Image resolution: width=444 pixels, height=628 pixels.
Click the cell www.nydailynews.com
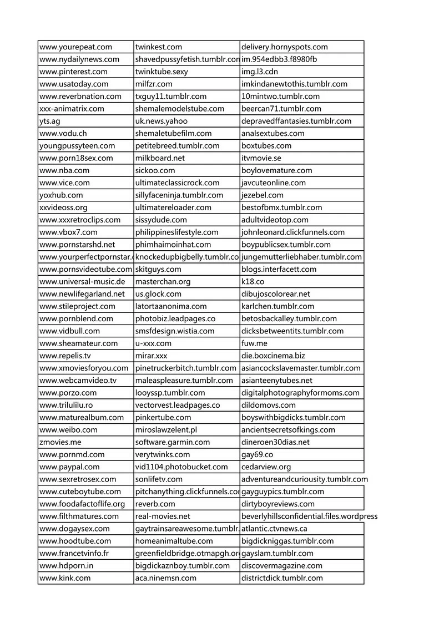click(x=79, y=59)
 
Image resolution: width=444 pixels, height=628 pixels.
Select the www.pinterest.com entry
click(x=73, y=72)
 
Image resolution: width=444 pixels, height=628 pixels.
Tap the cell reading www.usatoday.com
click(x=74, y=84)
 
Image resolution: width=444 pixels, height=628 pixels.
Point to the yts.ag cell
click(x=50, y=121)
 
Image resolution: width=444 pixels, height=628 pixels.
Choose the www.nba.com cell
click(x=64, y=170)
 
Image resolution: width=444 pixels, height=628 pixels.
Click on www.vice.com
click(x=64, y=183)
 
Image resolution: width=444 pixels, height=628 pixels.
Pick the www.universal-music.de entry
click(x=83, y=281)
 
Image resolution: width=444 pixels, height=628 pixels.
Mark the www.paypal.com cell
click(x=69, y=467)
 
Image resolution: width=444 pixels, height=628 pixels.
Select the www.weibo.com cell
click(x=68, y=429)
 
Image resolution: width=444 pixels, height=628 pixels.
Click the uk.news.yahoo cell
click(x=162, y=121)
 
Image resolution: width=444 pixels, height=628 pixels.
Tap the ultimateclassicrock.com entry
click(x=177, y=183)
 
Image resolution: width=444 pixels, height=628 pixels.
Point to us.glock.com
click(x=158, y=293)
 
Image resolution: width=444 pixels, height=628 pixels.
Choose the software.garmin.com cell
click(x=173, y=442)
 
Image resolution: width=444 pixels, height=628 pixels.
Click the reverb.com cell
click(x=155, y=504)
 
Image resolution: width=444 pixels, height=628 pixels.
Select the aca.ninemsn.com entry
click(x=165, y=578)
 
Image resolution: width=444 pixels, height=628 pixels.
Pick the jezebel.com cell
click(x=262, y=195)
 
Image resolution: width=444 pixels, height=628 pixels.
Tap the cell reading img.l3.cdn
click(x=259, y=72)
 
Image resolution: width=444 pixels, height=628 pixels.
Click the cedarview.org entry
click(x=266, y=467)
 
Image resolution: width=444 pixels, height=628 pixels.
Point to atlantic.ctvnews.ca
click(x=274, y=529)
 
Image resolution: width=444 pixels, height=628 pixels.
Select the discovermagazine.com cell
click(x=281, y=565)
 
